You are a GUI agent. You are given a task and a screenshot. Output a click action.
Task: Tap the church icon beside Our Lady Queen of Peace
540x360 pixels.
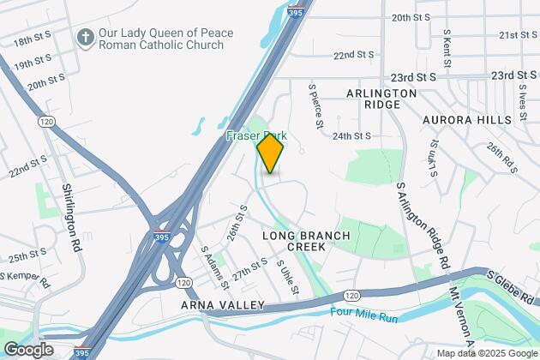coord(85,37)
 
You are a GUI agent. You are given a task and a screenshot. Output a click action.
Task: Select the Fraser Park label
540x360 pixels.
coord(255,136)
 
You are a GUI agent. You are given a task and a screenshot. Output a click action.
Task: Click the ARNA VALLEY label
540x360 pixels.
coord(215,304)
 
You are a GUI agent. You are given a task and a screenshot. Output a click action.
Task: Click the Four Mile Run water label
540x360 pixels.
coord(364,316)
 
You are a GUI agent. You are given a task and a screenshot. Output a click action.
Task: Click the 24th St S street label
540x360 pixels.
coord(352,135)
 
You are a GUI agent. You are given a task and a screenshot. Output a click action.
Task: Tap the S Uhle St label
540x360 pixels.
coord(288,278)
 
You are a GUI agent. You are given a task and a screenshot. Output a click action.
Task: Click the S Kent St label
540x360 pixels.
coord(447,48)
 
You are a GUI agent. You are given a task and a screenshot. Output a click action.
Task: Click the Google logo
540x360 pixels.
coord(28,350)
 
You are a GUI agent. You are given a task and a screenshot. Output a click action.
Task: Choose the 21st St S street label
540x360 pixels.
coord(519,35)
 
